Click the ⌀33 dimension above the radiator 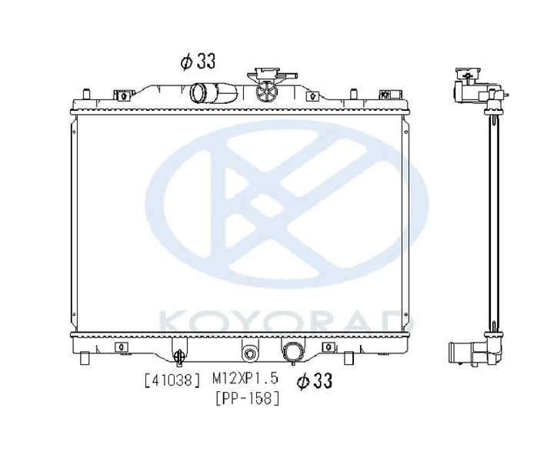[198, 62]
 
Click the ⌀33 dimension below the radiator [315, 381]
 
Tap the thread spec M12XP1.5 [245, 379]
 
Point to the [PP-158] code [247, 398]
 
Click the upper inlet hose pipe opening [198, 92]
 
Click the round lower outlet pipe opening [292, 353]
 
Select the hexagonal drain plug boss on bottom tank [250, 353]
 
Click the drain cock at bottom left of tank [180, 356]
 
